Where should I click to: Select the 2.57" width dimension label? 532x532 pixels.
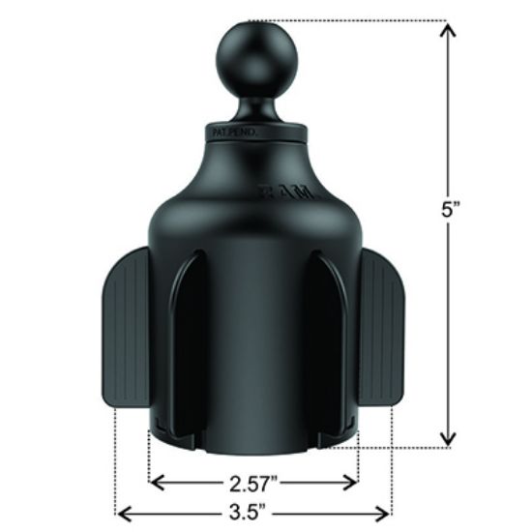[x=253, y=481]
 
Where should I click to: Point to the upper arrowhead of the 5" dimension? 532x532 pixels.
[x=448, y=32]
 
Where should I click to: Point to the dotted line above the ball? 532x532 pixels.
[x=348, y=21]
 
